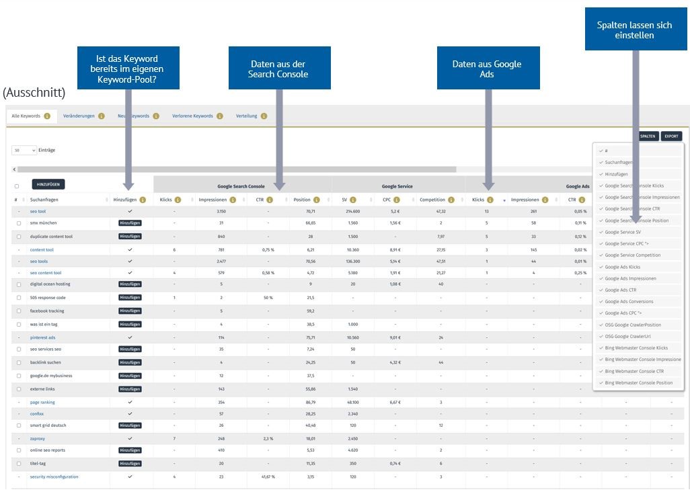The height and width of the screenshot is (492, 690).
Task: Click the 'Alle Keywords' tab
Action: (27, 116)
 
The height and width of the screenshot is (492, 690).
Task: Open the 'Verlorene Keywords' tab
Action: (192, 116)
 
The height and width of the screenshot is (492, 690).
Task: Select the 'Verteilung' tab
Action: (246, 116)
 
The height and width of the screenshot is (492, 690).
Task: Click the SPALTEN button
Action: (648, 136)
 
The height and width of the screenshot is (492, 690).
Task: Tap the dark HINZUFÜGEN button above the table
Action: (48, 184)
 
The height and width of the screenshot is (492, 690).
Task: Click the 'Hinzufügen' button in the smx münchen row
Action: (130, 222)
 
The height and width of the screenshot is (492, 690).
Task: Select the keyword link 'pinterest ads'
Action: (42, 337)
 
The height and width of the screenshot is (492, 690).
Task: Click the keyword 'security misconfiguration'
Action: (54, 477)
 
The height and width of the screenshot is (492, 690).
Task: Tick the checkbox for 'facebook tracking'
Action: (17, 311)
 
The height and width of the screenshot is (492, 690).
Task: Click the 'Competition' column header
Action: (432, 200)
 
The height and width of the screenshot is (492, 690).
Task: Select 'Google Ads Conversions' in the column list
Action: (629, 301)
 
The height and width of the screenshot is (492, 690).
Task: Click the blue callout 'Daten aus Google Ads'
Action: (487, 69)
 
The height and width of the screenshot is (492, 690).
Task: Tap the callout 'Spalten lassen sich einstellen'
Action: (634, 30)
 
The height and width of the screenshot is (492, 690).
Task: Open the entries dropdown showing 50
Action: (25, 150)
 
